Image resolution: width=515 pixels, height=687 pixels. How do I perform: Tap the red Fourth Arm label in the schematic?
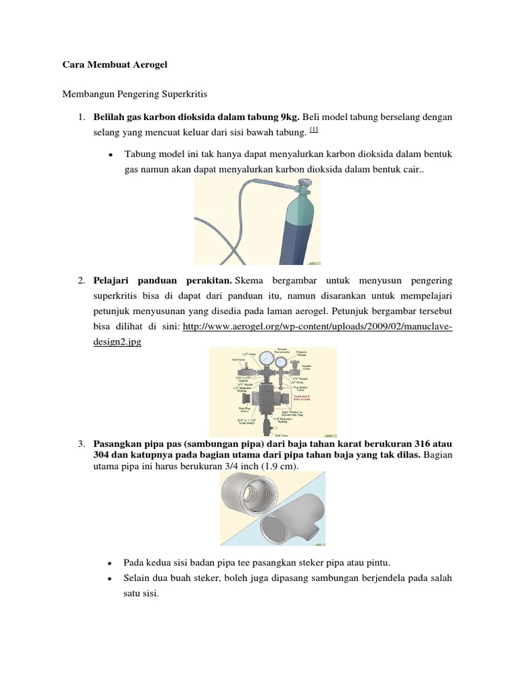[x=314, y=398]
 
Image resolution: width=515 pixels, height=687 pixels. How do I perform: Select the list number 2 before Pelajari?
[x=80, y=279]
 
